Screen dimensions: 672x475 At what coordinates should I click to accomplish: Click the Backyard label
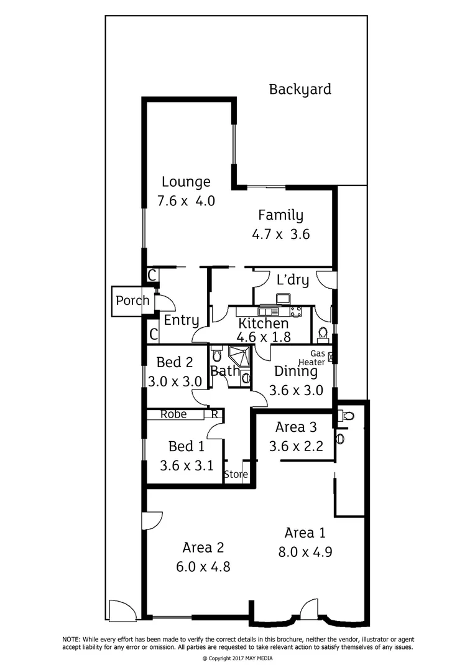300,90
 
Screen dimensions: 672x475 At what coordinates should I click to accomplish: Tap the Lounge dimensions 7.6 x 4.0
186,201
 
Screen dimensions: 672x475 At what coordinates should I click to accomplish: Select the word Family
280,216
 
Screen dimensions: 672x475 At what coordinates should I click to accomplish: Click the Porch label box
132,301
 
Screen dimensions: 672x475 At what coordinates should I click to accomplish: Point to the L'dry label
292,280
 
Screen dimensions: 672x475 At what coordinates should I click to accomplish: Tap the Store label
236,475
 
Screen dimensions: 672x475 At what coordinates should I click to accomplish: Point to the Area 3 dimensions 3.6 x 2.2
295,446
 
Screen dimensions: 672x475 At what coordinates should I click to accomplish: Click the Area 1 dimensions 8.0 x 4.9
305,551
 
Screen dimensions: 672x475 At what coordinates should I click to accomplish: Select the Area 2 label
203,548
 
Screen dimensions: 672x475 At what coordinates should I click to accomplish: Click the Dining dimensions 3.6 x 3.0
296,391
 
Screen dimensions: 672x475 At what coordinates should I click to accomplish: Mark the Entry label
181,320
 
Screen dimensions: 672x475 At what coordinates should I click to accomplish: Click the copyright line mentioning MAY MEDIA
237,658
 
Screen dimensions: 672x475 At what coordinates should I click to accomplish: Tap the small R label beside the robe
214,414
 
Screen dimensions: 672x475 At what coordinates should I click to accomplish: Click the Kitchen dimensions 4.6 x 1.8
263,337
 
